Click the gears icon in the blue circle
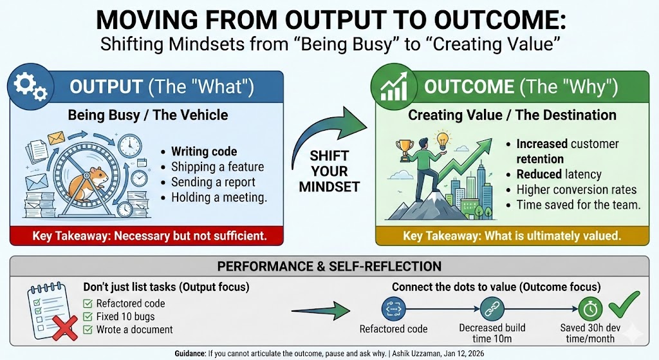pyautogui.click(x=30, y=86)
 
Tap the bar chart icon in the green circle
pyautogui.click(x=394, y=87)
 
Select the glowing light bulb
pyautogui.click(x=441, y=141)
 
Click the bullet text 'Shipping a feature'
pyautogui.click(x=218, y=167)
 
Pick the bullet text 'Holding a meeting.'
pyautogui.click(x=219, y=197)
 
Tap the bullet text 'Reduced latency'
pyautogui.click(x=559, y=174)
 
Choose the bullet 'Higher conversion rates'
pyautogui.click(x=577, y=190)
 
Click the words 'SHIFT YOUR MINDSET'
pyautogui.click(x=329, y=171)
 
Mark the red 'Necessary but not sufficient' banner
pyautogui.click(x=147, y=236)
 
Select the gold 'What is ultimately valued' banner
pyautogui.click(x=512, y=236)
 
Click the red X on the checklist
pyautogui.click(x=65, y=328)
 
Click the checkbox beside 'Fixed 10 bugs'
pyautogui.click(x=88, y=317)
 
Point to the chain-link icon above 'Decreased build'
pyautogui.click(x=492, y=309)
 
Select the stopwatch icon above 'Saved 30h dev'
pyautogui.click(x=590, y=309)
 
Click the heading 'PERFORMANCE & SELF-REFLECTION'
pyautogui.click(x=329, y=266)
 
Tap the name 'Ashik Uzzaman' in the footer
pyautogui.click(x=416, y=354)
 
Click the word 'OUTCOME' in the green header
pyautogui.click(x=469, y=87)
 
